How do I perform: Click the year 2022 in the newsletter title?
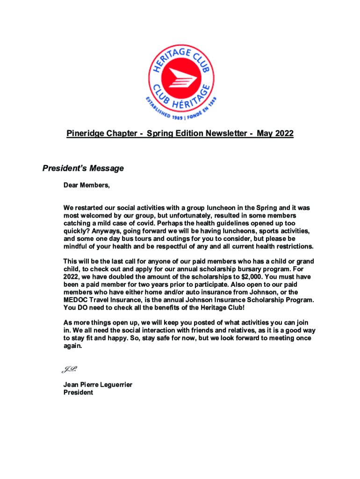click(284, 134)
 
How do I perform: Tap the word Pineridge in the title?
click(83, 134)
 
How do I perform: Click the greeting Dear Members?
click(86, 185)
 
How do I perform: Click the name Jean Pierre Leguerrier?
click(98, 385)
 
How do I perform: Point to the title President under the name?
click(78, 392)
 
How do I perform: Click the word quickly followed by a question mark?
click(76, 231)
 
